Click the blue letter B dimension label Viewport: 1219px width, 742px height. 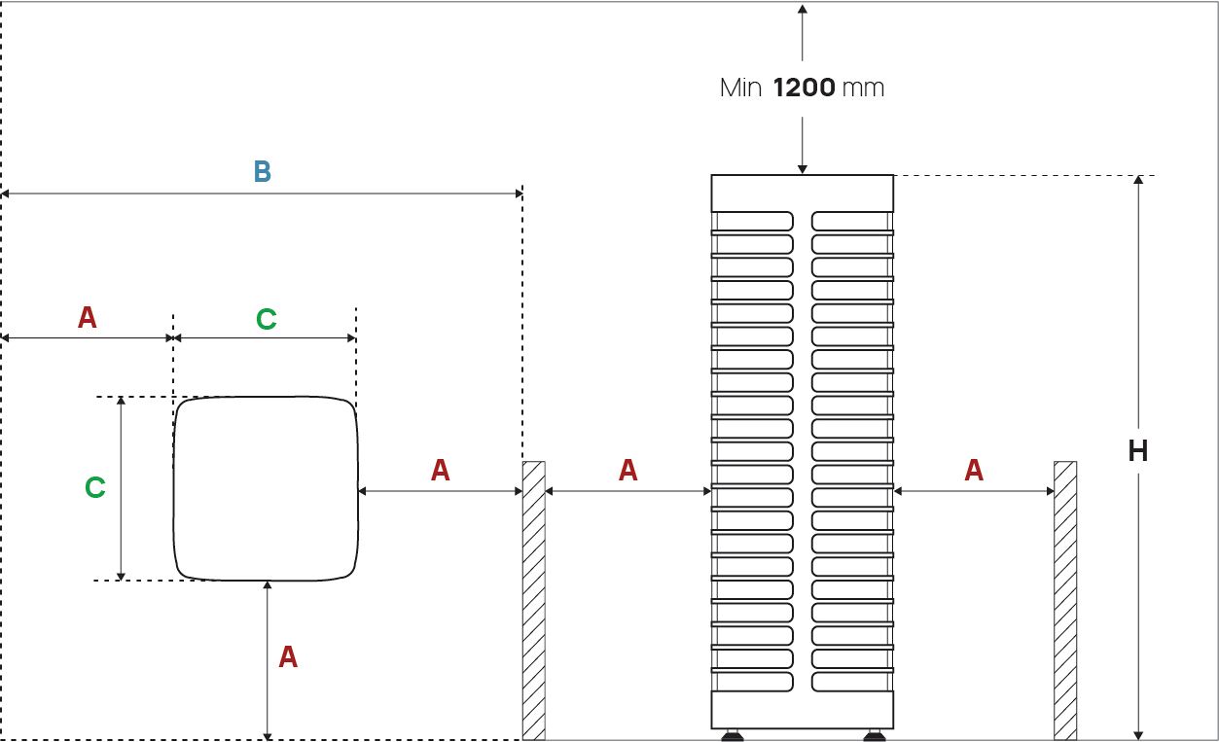(x=262, y=172)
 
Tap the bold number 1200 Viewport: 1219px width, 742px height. (x=804, y=88)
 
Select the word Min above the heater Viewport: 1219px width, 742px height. (x=740, y=88)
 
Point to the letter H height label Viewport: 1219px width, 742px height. (x=1137, y=451)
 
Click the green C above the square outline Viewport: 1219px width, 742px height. (x=266, y=319)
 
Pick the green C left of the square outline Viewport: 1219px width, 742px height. (x=94, y=487)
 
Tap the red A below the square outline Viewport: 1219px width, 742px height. (x=288, y=657)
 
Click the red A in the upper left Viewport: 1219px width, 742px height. (x=88, y=318)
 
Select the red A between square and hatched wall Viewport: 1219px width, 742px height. (x=441, y=471)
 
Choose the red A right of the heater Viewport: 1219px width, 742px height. (x=974, y=471)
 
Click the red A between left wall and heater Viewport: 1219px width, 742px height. (x=628, y=471)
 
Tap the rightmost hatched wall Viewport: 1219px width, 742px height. (x=1065, y=600)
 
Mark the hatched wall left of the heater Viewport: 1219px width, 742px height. (x=533, y=600)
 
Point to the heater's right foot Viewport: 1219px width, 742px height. (x=874, y=735)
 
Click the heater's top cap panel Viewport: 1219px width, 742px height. (x=802, y=193)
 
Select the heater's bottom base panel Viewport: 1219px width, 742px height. (x=802, y=710)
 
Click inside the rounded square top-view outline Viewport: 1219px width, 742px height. (x=266, y=488)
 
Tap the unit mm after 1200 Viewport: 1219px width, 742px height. (x=863, y=88)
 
